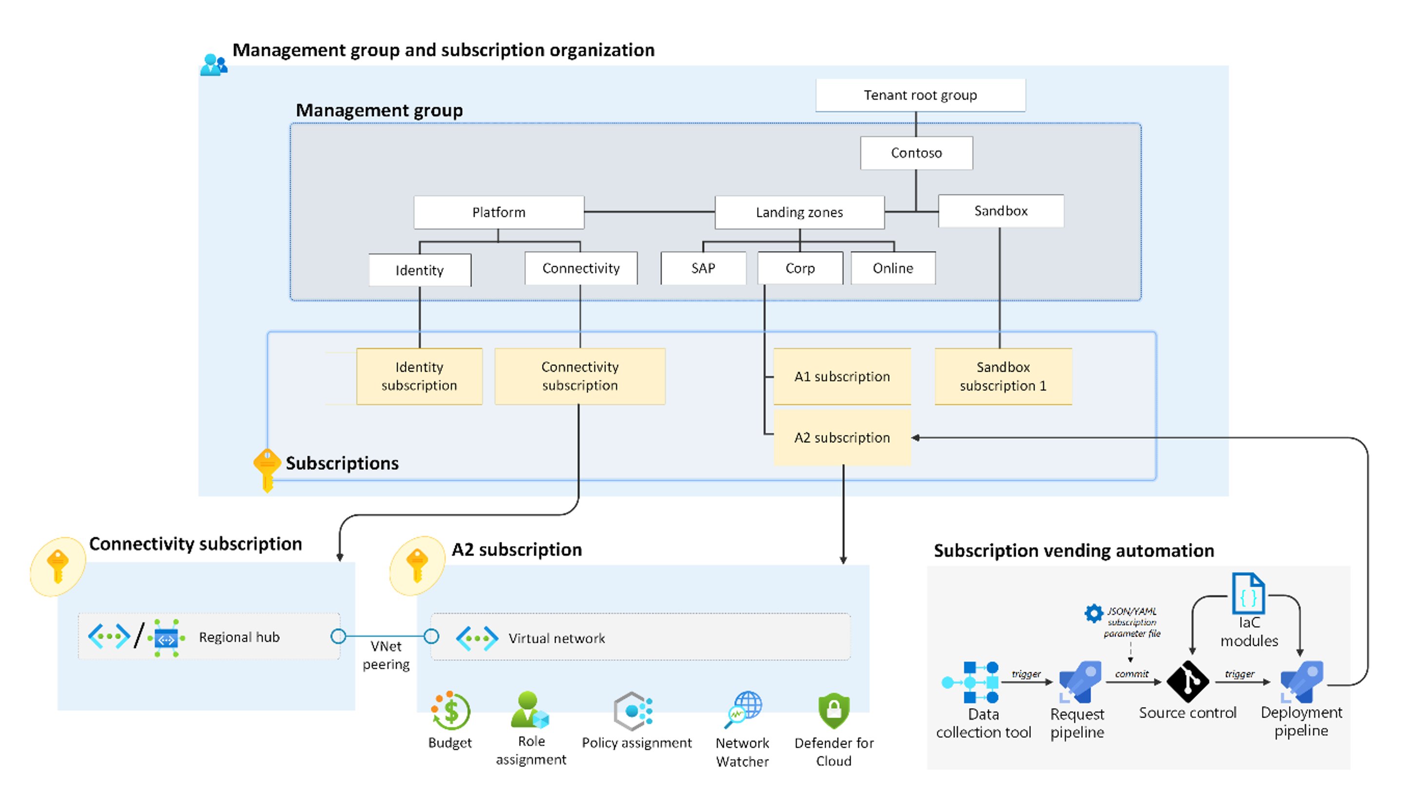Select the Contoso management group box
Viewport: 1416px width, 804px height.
(916, 153)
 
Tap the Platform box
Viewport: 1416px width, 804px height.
(498, 212)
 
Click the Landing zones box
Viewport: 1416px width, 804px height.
(798, 212)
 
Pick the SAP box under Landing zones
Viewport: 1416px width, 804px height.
(702, 268)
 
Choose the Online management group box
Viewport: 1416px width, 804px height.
(892, 268)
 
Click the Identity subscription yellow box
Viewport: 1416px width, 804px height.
(419, 376)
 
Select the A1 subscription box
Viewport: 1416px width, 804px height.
(841, 376)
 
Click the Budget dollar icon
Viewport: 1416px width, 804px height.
(451, 711)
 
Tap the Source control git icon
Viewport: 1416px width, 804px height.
(1187, 681)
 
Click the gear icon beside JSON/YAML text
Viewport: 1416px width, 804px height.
(1093, 613)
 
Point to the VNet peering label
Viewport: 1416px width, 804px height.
(386, 655)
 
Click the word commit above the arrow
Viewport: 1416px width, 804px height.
(1131, 674)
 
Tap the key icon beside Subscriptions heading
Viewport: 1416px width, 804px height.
(267, 469)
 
